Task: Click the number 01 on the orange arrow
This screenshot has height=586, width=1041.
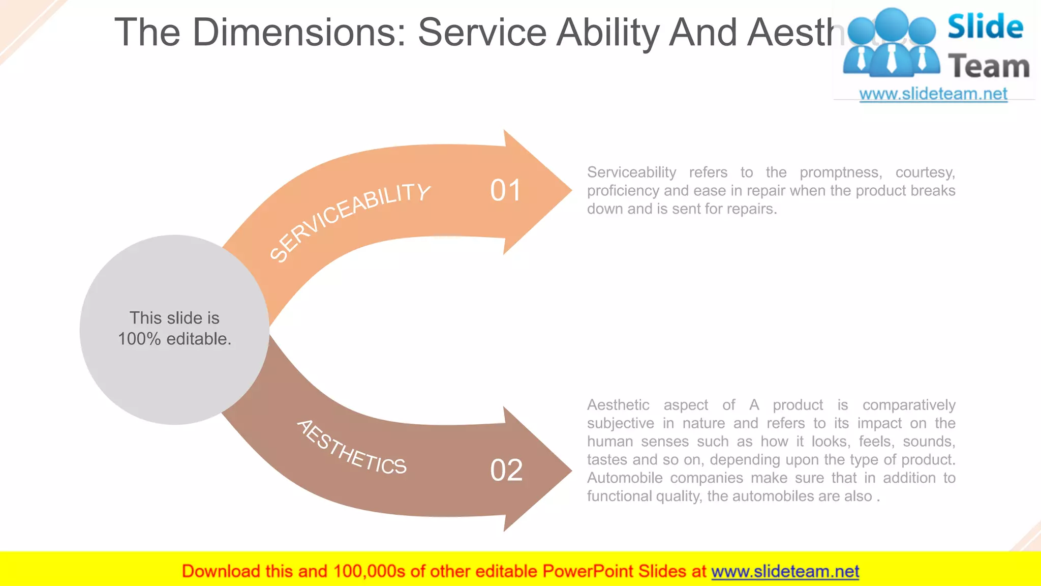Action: pos(505,191)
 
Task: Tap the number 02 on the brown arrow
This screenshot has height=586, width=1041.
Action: pos(506,470)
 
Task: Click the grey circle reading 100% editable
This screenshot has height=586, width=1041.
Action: pos(174,329)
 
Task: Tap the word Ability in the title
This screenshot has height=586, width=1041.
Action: pos(608,33)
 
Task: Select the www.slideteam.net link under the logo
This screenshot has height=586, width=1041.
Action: pos(933,94)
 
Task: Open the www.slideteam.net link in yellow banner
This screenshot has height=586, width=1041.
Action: pos(785,571)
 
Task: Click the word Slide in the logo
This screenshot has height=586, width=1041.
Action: pos(985,26)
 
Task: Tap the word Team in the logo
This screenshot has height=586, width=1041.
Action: pos(989,67)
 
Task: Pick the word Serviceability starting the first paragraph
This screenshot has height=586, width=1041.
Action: pos(631,172)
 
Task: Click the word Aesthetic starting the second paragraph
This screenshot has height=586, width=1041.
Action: pos(618,405)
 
